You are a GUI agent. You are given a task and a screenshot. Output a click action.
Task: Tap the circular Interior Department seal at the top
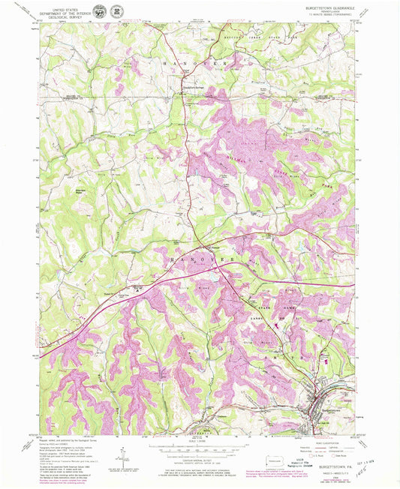click(x=119, y=12)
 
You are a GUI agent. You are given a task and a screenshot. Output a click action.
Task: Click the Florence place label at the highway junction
click(x=213, y=248)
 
